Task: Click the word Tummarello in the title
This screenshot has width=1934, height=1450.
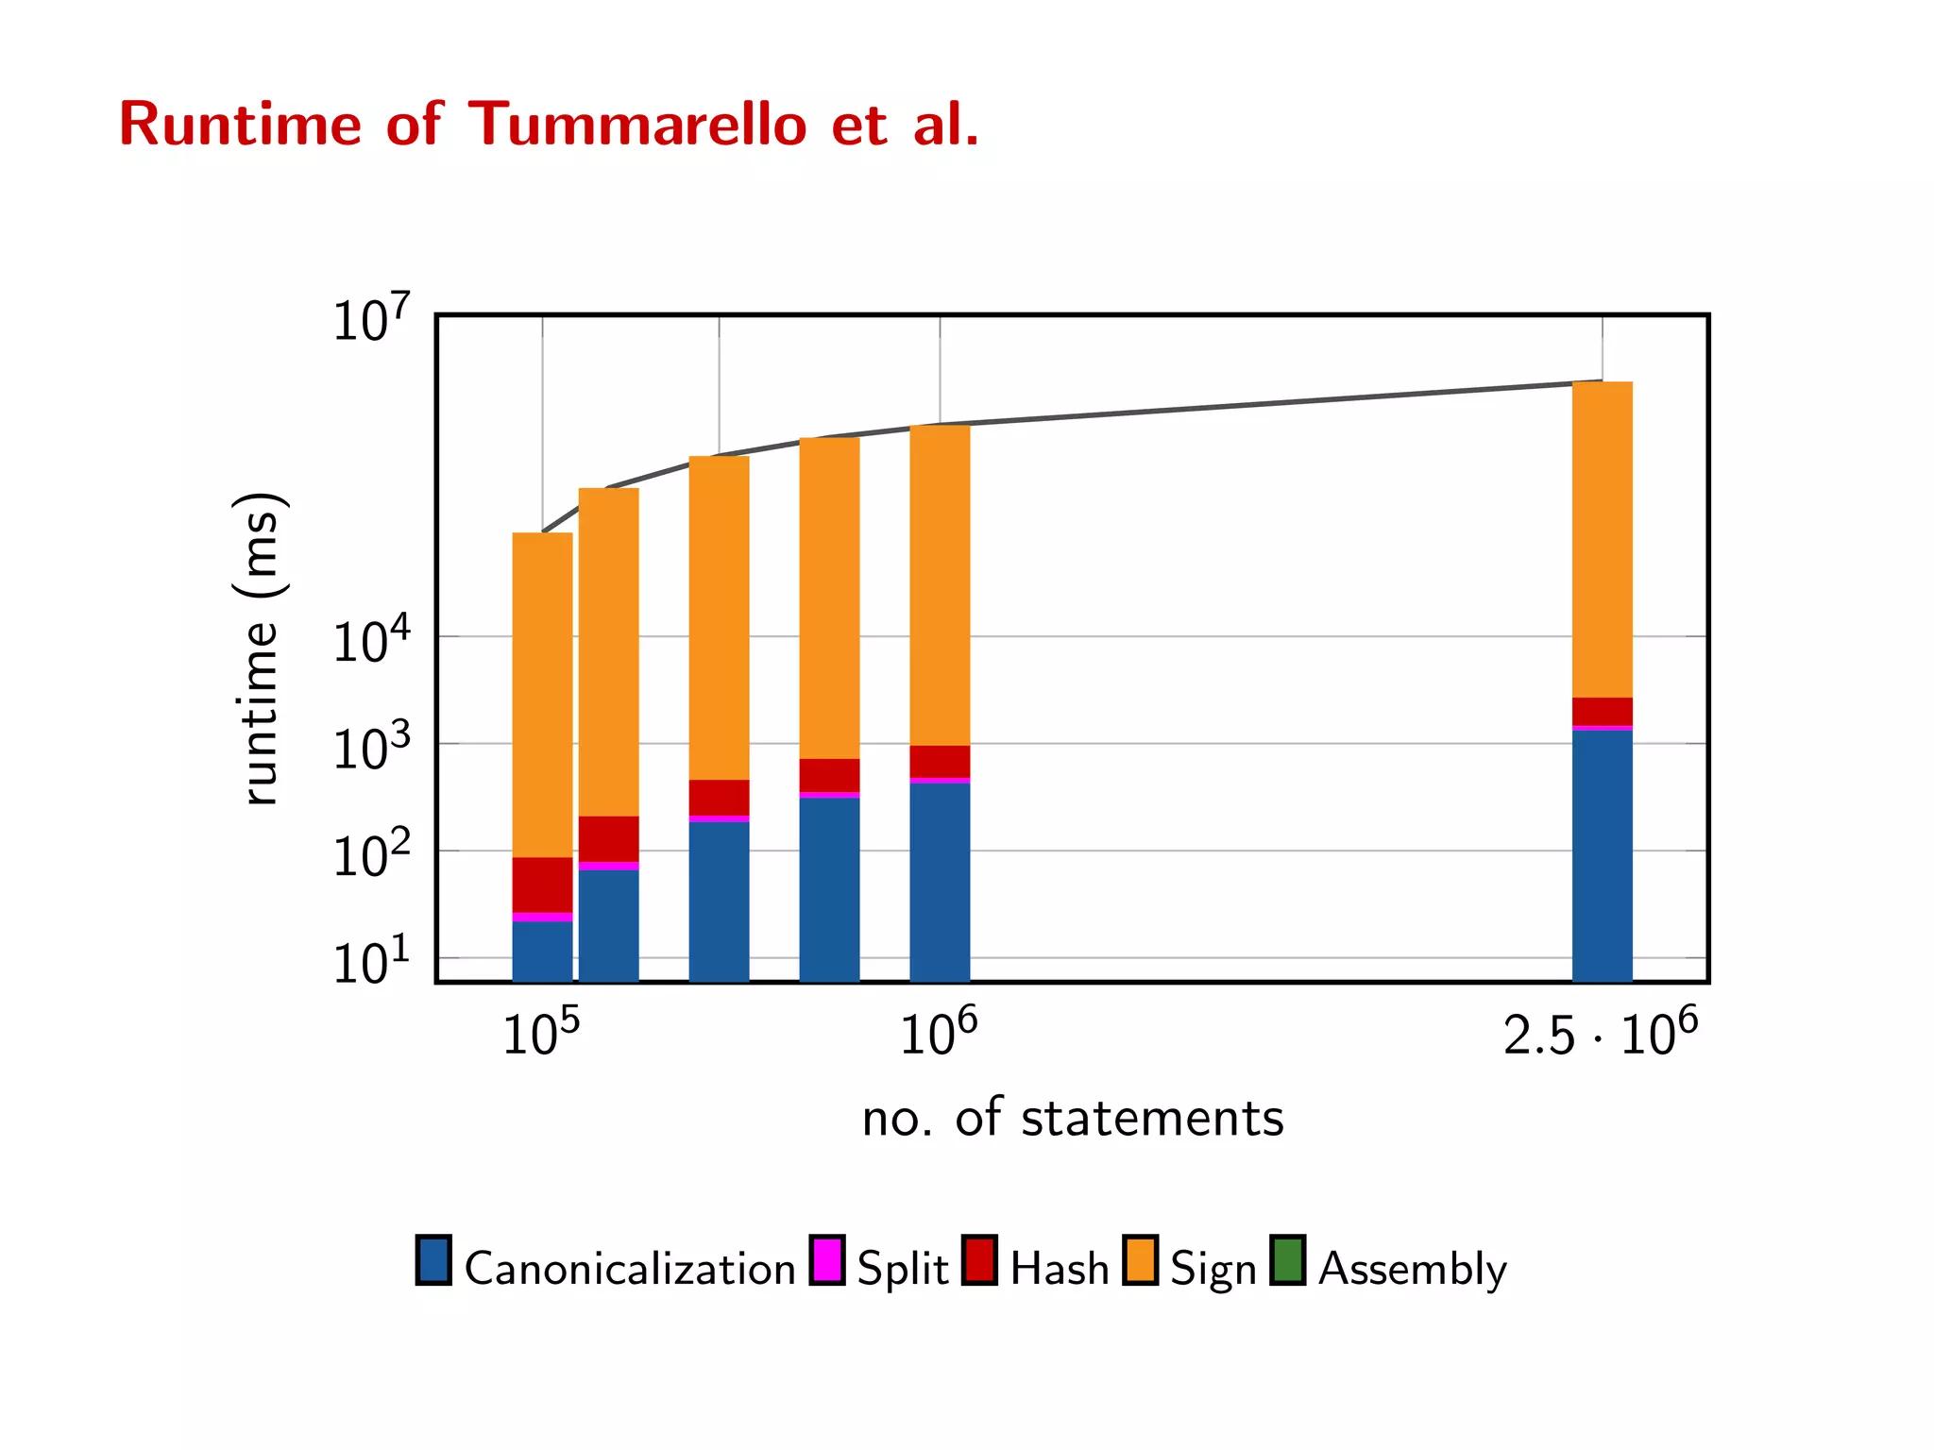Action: tap(637, 125)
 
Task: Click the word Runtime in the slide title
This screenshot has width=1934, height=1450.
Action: tap(240, 125)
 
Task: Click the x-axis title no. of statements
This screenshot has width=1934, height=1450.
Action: tap(1073, 1119)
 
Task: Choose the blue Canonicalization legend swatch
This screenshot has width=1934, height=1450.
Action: tap(433, 1260)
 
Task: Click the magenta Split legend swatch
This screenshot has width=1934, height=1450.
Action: tap(827, 1260)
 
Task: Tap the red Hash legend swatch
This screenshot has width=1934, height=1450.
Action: tap(980, 1260)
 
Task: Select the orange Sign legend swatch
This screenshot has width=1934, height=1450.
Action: tap(1140, 1260)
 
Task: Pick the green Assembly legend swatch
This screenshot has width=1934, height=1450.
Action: tap(1287, 1260)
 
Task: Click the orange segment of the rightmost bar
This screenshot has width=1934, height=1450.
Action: tap(1602, 538)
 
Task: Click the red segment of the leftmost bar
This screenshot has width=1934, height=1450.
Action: tap(542, 885)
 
